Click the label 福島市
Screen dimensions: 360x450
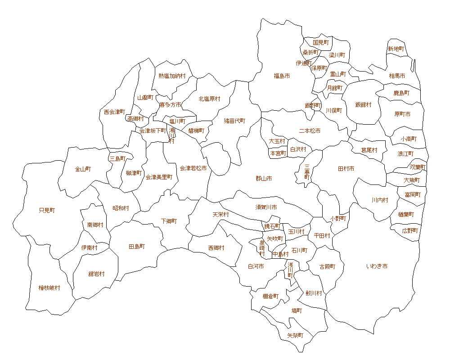click(282, 76)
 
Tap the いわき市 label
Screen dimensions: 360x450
click(377, 266)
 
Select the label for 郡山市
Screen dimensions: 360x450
click(264, 179)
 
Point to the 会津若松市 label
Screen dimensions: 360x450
click(193, 168)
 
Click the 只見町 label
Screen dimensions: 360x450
click(47, 210)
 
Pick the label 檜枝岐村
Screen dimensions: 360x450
click(49, 288)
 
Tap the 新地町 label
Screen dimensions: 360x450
click(396, 49)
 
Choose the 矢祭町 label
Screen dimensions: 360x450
click(295, 336)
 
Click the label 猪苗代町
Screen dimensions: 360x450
click(234, 121)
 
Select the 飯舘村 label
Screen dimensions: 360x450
click(363, 105)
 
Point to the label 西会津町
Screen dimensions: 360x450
click(114, 112)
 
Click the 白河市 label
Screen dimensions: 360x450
click(256, 266)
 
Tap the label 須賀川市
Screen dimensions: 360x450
click(266, 207)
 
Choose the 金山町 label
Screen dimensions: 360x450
click(83, 169)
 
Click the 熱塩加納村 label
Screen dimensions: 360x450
click(172, 76)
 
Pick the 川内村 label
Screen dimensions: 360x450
click(379, 200)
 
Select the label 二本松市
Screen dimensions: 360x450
click(310, 131)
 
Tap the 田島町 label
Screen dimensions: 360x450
click(137, 247)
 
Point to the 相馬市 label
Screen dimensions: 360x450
click(397, 76)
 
